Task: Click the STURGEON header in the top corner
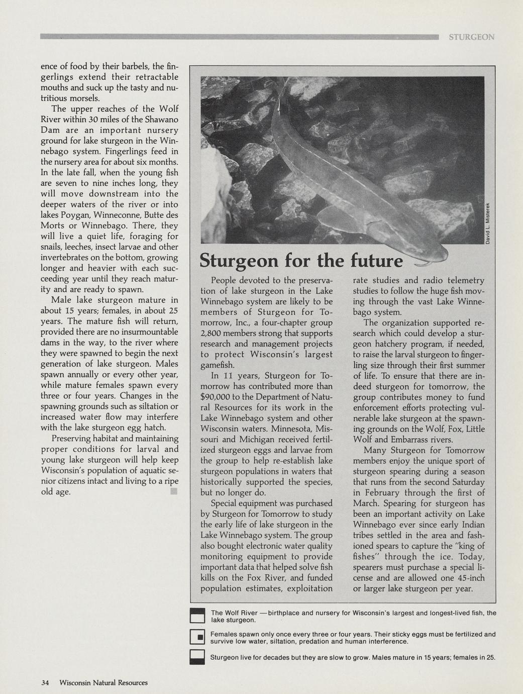pos(471,37)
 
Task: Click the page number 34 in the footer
pos(45,682)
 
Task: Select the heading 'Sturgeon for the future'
pos(301,261)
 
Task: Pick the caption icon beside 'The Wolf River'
pos(197,616)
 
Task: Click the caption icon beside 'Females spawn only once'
pos(197,637)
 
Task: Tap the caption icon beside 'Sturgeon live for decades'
pos(197,657)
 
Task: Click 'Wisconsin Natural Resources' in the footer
pos(103,682)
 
